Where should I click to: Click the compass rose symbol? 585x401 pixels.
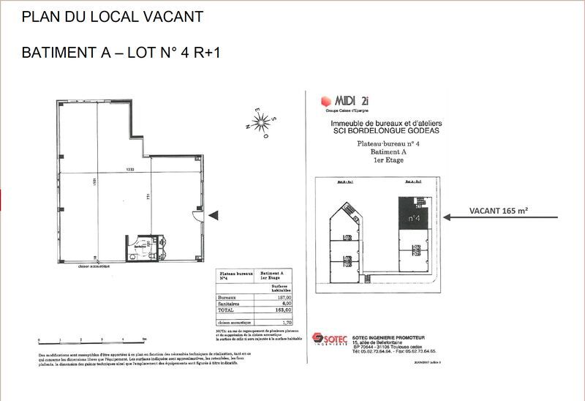[x=259, y=121]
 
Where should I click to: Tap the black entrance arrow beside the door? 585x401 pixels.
[x=214, y=215]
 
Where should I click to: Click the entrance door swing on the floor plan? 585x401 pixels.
[x=197, y=214]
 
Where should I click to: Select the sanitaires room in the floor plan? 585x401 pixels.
[x=140, y=247]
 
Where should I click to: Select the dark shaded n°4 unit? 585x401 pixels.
[x=412, y=214]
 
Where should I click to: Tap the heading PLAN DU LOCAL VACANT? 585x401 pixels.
[x=113, y=15]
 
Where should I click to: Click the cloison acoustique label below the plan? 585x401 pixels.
[x=97, y=266]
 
